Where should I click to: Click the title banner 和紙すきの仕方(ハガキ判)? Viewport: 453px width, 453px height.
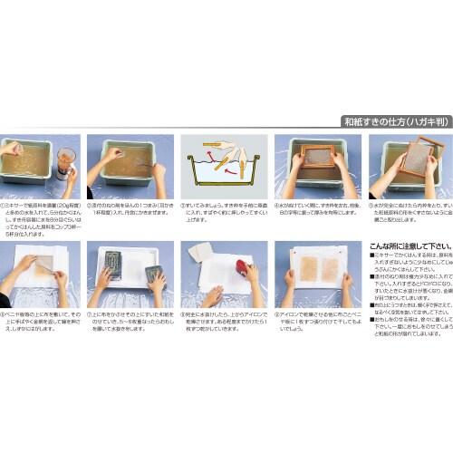396,120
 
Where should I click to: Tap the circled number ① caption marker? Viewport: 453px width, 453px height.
5,206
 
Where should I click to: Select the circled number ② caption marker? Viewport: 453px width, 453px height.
91,206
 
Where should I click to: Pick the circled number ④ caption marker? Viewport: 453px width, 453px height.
275,206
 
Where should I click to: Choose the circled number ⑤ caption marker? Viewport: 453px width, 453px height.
368,206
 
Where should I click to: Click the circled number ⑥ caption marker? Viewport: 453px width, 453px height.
5,314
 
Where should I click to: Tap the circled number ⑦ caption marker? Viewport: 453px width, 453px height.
91,314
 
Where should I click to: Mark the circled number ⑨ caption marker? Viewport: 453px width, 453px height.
275,314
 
